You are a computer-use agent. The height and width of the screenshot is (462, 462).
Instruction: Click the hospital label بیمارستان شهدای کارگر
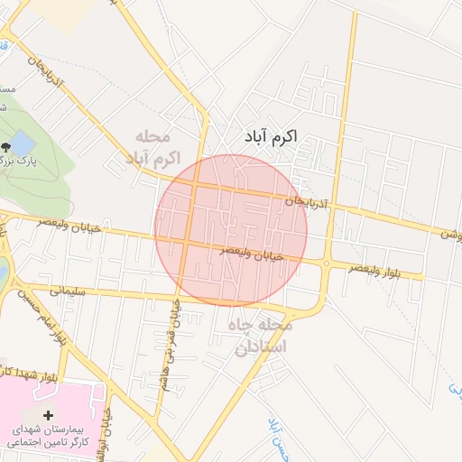[x=54, y=435]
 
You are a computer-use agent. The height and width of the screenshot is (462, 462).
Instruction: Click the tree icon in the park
[x=7, y=144]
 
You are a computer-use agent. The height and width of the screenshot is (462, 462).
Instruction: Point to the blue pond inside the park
[x=23, y=143]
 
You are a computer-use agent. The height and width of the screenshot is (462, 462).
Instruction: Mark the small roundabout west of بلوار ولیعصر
[x=326, y=263]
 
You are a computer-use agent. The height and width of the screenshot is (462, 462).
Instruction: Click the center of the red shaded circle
[x=231, y=230]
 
